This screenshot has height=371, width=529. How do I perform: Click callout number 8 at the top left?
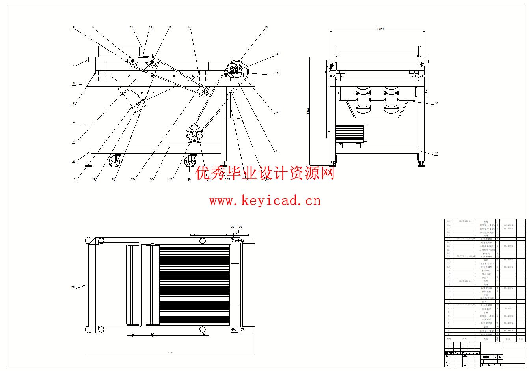73,28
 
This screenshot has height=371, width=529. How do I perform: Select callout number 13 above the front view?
170,28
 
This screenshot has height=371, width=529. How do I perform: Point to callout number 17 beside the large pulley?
277,73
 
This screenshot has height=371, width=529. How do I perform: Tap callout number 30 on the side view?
436,103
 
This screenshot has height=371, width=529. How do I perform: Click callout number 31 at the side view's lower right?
436,154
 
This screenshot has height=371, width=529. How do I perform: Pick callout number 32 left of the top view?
73,287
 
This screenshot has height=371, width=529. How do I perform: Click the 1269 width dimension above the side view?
380,29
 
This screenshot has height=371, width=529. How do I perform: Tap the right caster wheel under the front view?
191,160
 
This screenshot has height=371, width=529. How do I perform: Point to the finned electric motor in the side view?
351,134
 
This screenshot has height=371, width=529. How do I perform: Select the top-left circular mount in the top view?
101,240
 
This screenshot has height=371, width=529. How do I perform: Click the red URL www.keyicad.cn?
265,201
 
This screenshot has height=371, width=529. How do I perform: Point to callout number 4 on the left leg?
73,123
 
